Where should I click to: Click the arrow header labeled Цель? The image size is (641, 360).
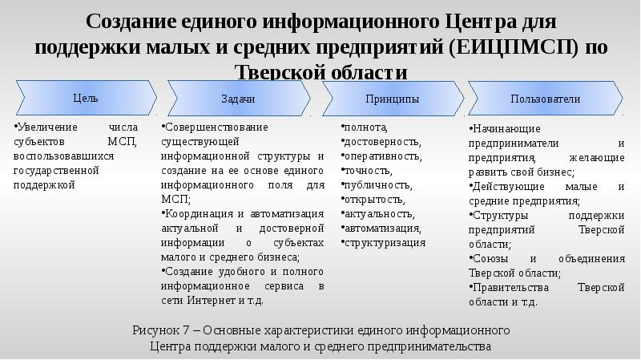[84, 99]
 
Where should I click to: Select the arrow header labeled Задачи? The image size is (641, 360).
[237, 99]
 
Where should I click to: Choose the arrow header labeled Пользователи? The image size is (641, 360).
[545, 99]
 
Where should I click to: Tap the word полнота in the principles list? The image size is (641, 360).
[365, 127]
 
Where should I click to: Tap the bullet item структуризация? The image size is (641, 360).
[384, 242]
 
